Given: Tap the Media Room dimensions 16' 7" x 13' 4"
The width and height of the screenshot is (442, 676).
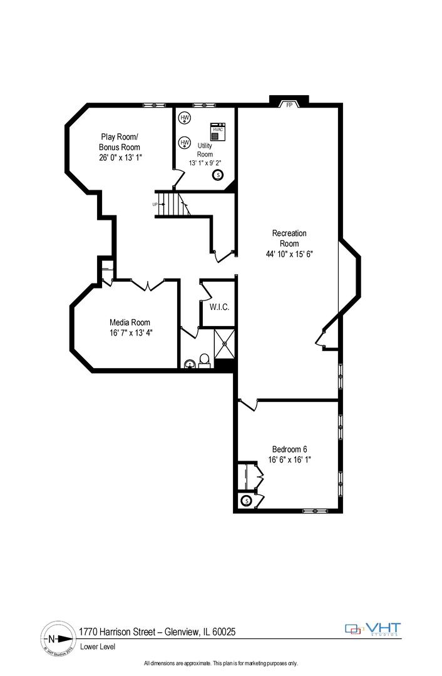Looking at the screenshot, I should click(130, 332).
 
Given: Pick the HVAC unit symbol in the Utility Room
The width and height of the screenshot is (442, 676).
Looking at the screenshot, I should click(218, 131).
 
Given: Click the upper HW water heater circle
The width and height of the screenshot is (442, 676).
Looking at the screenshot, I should click(185, 118).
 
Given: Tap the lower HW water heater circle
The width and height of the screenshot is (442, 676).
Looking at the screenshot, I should click(185, 143).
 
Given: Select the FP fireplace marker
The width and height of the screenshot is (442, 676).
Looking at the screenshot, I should click(289, 105).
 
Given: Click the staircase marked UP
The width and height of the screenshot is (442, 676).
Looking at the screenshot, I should click(171, 204).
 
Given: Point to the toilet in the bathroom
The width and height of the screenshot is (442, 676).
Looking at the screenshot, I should click(204, 361).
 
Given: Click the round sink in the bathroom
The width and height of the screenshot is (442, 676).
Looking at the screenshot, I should click(190, 364).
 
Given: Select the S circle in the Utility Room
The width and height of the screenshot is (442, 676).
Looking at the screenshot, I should click(218, 175).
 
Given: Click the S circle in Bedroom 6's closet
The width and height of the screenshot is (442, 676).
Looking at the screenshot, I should click(246, 501).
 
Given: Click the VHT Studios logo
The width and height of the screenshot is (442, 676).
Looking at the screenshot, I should click(373, 628).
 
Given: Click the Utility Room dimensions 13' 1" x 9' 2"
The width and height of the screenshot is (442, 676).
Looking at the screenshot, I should click(205, 163).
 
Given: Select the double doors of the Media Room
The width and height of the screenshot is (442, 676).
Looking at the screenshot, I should click(147, 285).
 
